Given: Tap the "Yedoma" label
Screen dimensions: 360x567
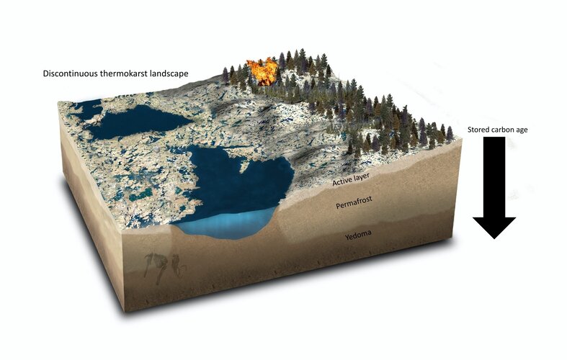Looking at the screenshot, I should click(360, 235).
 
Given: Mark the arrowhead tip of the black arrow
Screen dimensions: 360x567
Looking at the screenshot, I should click(494, 238).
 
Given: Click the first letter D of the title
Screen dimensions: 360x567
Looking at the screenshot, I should click(45, 73).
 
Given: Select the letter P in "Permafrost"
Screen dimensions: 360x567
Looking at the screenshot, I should click(339, 207).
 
